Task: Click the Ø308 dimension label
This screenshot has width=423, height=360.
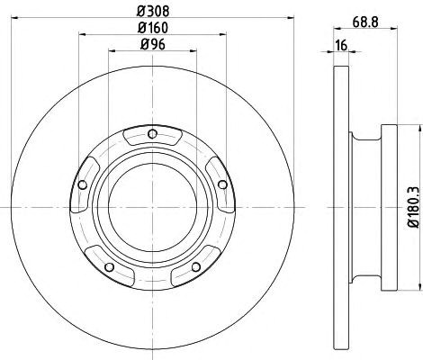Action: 153,12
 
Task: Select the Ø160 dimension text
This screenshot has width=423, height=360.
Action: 153,28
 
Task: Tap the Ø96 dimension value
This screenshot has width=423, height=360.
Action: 153,45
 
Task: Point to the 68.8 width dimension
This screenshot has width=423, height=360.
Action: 365,22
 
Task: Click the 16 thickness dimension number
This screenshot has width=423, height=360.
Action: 341,45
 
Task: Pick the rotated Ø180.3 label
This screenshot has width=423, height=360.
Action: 413,207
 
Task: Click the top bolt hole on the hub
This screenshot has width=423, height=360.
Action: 153,134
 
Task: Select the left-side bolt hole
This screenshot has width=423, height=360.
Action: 82,185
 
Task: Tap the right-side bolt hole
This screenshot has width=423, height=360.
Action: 222,184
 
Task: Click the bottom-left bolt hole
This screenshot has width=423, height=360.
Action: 110,266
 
